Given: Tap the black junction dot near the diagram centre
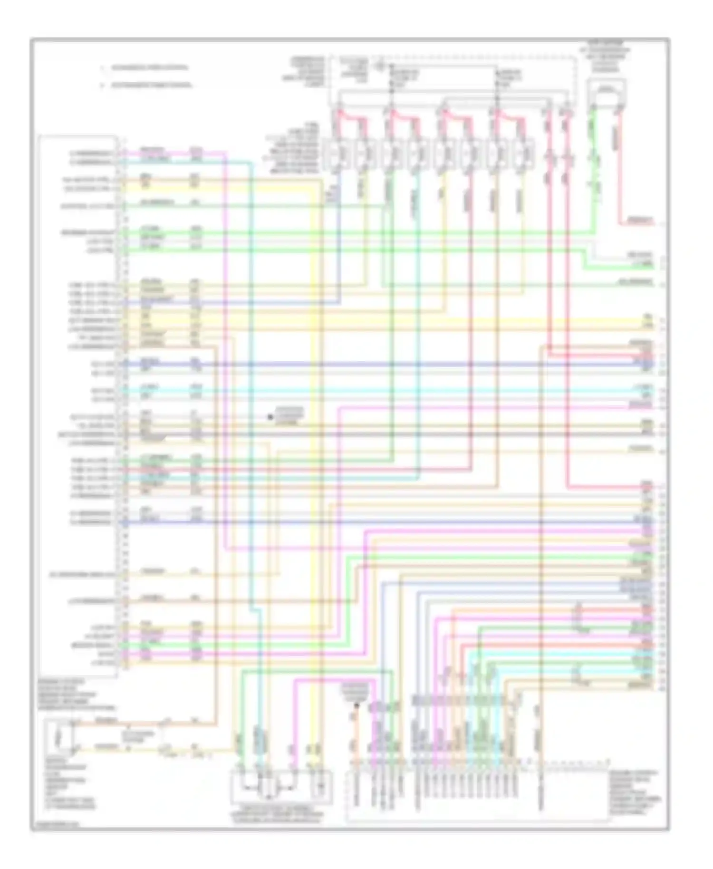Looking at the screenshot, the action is point(270,417).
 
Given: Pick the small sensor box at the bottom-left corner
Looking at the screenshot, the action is point(59,736).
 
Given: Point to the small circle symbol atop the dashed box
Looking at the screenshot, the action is point(379,62).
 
